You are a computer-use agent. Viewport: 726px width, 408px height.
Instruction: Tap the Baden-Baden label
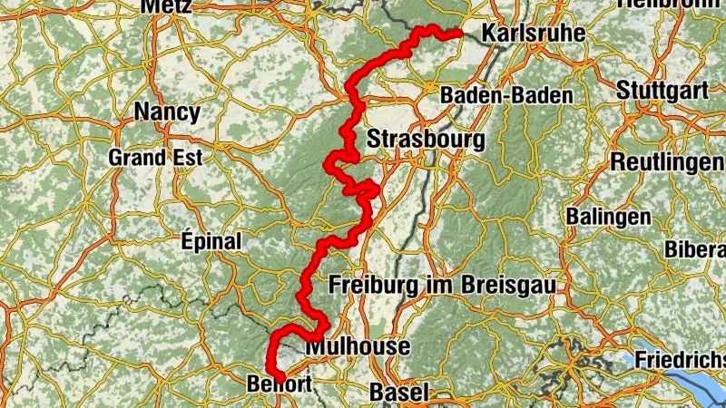[506, 95]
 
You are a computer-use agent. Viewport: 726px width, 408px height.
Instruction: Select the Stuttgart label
[662, 91]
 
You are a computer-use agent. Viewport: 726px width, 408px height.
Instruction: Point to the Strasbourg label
[426, 140]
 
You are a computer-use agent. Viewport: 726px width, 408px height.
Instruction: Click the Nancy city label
[166, 112]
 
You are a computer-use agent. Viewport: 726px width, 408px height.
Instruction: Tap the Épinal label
[211, 242]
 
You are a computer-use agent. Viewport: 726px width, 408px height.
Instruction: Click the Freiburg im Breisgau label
[443, 285]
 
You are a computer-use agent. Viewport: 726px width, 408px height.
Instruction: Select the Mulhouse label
[358, 346]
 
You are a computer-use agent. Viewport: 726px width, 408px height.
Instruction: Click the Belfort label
[280, 384]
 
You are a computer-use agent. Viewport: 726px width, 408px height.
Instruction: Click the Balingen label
[608, 217]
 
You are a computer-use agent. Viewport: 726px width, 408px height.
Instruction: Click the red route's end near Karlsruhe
[459, 34]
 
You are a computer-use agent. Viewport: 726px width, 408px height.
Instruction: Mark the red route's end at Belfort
[280, 376]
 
